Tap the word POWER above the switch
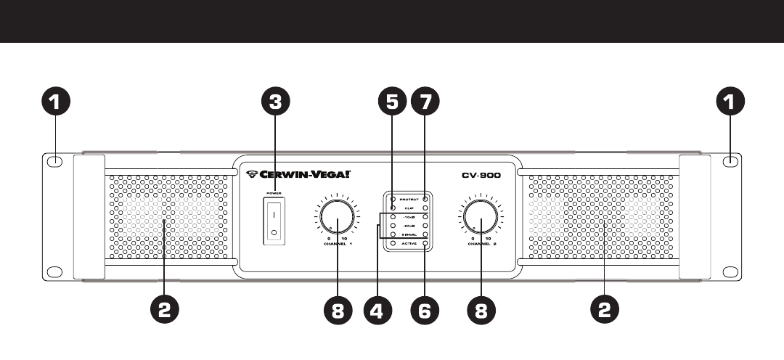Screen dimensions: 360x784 274,194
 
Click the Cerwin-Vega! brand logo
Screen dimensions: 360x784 298,173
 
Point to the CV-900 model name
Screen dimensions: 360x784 481,174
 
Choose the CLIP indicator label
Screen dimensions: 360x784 409,208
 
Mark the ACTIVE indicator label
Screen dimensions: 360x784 409,244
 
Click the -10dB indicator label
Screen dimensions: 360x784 409,217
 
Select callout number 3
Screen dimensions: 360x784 274,102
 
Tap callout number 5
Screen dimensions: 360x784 392,102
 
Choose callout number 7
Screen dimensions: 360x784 425,102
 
